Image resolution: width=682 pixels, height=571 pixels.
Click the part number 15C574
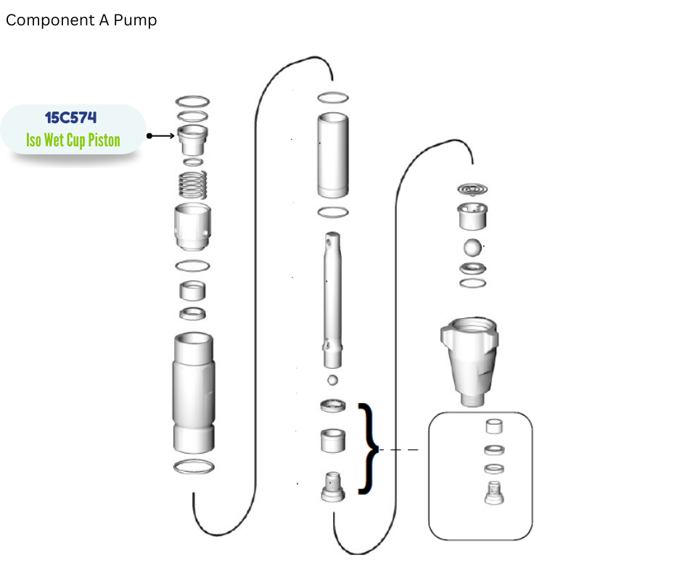point(70,117)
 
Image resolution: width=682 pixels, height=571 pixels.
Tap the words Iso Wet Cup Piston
point(73,140)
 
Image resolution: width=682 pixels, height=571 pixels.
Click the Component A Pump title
point(81,20)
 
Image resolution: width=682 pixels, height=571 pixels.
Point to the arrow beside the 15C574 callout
point(161,136)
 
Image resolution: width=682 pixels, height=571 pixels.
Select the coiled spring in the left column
point(193,185)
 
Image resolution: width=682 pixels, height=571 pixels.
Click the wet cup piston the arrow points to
point(192,140)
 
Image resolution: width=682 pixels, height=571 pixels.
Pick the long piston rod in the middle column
point(333,300)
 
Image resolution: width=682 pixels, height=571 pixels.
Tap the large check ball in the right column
point(473,248)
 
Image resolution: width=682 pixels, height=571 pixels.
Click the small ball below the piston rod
point(333,380)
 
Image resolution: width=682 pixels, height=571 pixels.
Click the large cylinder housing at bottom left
point(194,393)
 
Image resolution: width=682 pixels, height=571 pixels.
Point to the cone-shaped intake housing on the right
point(470,362)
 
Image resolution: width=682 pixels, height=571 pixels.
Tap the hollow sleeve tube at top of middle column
point(333,155)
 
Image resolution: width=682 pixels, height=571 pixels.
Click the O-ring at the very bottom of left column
point(194,467)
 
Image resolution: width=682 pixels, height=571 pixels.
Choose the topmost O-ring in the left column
point(192,101)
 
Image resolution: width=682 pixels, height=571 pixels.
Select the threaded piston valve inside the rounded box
point(494,493)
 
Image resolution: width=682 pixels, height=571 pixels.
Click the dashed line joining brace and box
point(399,450)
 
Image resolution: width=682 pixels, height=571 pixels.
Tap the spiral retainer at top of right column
point(472,189)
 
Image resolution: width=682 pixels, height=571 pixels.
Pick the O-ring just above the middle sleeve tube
point(333,98)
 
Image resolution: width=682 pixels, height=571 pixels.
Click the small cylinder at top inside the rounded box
point(494,427)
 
